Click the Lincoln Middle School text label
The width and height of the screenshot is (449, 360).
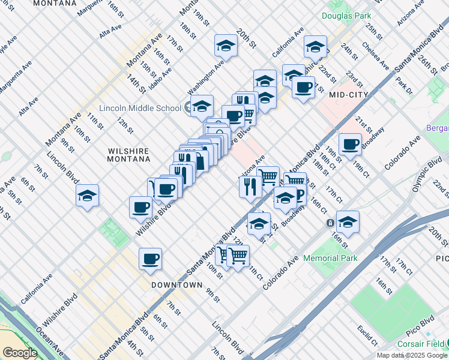click(x=140, y=108)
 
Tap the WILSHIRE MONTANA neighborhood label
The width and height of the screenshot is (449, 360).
click(x=128, y=155)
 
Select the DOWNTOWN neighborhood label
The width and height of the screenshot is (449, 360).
click(x=176, y=284)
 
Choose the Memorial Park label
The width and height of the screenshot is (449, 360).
click(x=330, y=258)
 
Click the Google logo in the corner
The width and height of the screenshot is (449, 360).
click(x=19, y=353)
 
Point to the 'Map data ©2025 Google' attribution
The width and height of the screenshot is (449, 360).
click(x=412, y=355)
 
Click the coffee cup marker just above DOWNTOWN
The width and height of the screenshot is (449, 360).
click(x=150, y=259)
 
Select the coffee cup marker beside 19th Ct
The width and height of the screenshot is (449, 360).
click(x=349, y=143)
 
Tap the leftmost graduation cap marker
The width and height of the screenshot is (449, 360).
click(x=87, y=196)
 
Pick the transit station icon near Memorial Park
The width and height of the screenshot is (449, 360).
click(x=330, y=223)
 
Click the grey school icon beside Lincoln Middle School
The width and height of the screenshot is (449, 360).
click(x=188, y=108)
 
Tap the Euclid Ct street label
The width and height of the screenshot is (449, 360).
click(x=366, y=335)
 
